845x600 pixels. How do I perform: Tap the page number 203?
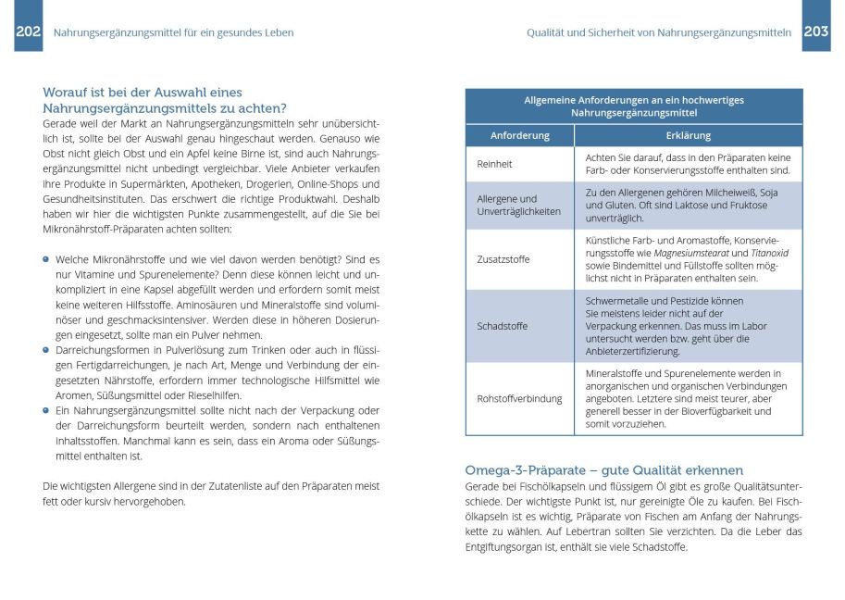point(815,32)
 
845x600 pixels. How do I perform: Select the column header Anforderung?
point(519,135)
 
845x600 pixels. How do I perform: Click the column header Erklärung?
point(688,135)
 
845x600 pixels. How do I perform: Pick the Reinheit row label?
point(494,164)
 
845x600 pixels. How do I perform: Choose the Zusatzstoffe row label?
point(503,259)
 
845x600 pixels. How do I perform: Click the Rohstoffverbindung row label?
point(519,399)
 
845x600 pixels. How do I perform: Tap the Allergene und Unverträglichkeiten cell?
point(519,205)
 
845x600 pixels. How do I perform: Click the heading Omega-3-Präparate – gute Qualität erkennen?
point(603,470)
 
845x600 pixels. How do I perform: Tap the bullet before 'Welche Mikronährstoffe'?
point(46,260)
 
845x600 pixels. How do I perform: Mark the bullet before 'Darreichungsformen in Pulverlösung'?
point(46,350)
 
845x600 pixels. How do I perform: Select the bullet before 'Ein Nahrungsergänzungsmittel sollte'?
point(46,410)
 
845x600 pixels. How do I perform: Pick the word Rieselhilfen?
point(241,395)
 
